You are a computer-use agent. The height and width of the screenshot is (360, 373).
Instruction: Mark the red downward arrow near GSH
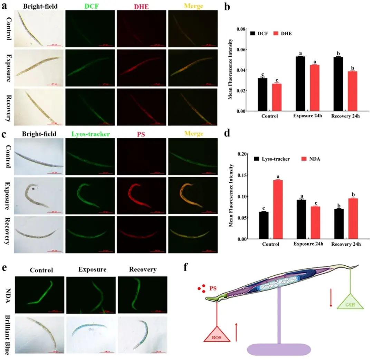[x=331, y=299]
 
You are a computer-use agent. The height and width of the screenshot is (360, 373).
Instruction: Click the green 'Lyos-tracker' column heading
[x=90, y=134]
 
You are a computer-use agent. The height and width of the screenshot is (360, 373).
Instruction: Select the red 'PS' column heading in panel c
[x=142, y=134]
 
